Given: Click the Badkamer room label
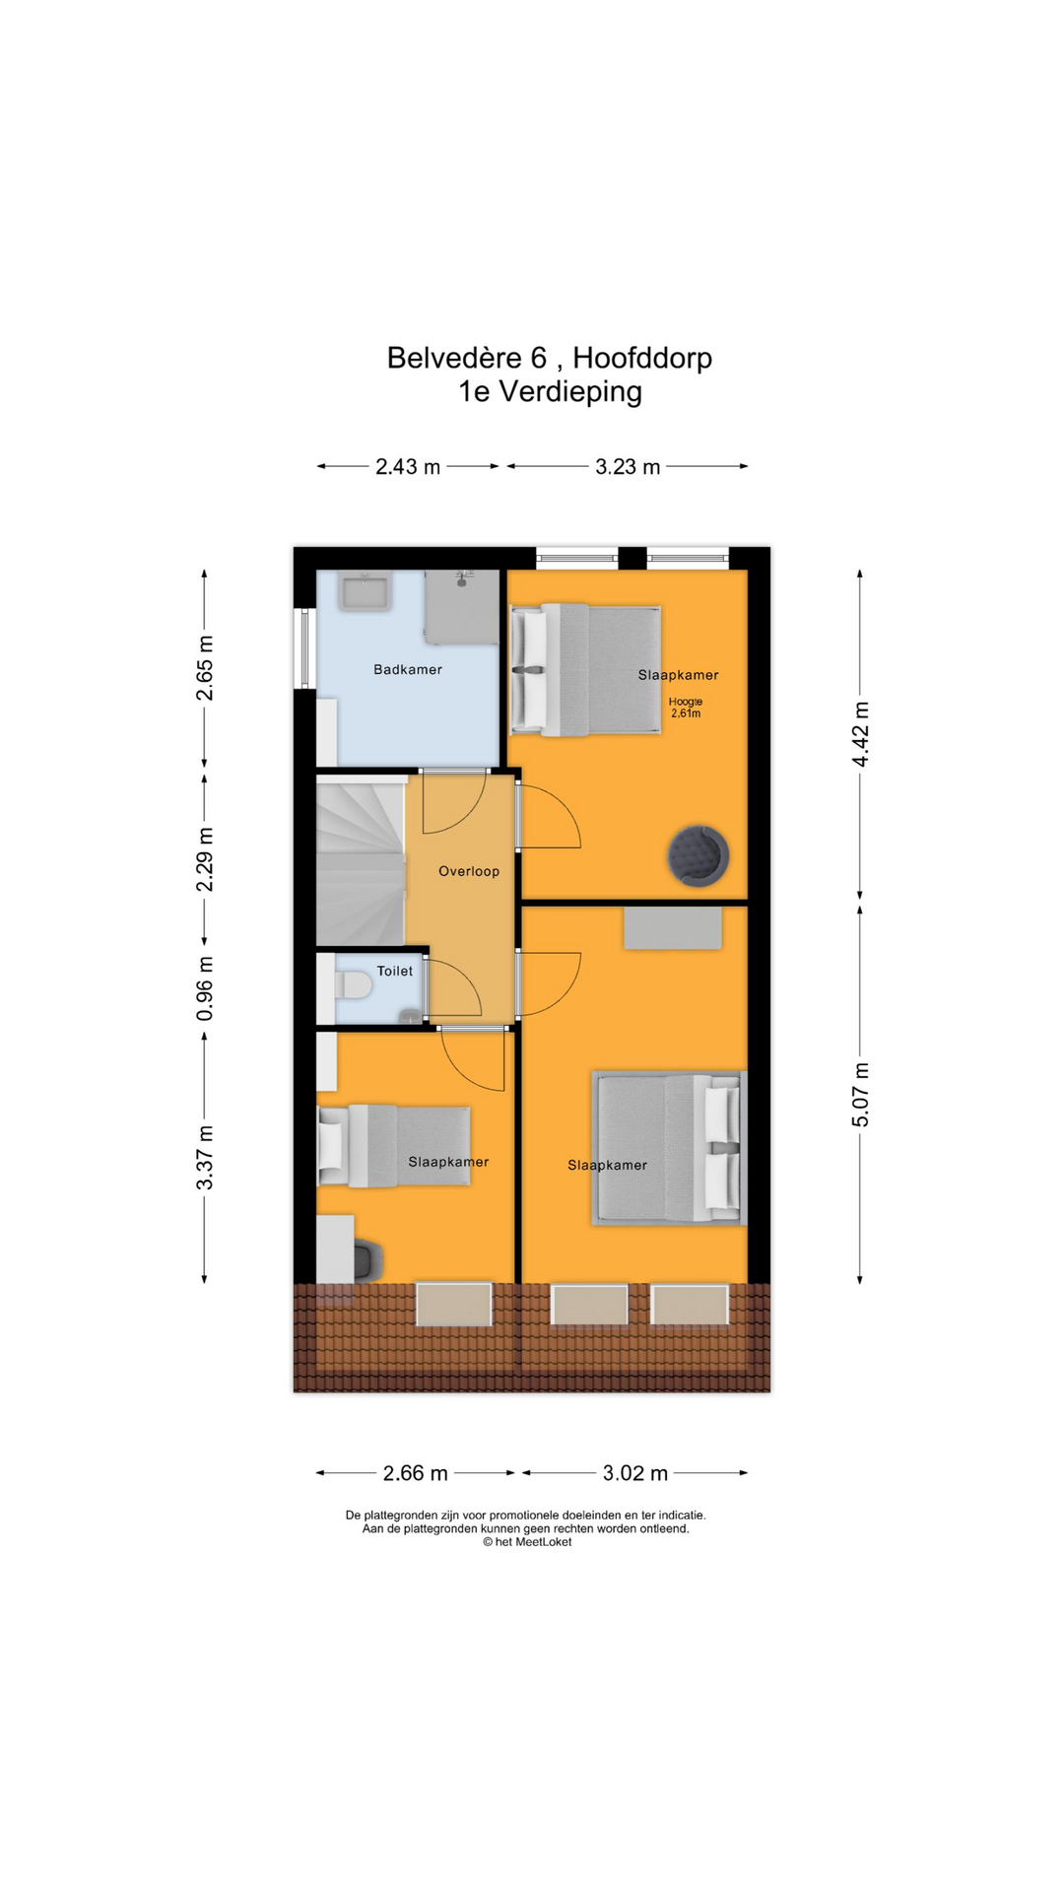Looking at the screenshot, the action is click(x=408, y=669).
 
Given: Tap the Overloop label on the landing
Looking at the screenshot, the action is click(x=469, y=871).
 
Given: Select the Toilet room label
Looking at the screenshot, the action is click(x=395, y=971).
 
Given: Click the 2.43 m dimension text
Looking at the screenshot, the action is click(x=408, y=467).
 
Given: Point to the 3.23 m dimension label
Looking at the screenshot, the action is click(x=628, y=467).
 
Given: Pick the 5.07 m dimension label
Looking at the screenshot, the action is click(x=861, y=1095).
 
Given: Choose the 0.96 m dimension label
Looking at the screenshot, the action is click(x=205, y=988).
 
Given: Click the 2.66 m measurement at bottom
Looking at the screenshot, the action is click(x=416, y=1473).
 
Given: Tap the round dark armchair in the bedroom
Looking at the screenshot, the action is click(x=698, y=854).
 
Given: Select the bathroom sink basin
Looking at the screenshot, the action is click(x=366, y=592).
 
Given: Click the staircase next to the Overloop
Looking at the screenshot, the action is click(x=361, y=861).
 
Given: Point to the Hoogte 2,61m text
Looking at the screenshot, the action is click(x=686, y=708).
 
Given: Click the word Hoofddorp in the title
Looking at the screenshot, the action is click(x=642, y=358).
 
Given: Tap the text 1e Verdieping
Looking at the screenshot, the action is click(x=550, y=391).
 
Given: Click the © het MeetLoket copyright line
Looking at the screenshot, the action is click(x=527, y=1542).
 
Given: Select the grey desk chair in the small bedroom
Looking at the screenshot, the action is click(x=367, y=1260).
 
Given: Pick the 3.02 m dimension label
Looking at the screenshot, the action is click(x=635, y=1473).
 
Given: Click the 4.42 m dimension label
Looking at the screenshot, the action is click(x=861, y=734).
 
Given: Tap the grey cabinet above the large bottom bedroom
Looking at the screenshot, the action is click(x=673, y=928).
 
